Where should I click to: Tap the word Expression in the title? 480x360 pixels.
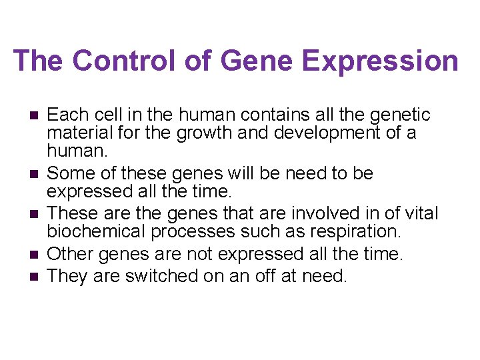(x=380, y=61)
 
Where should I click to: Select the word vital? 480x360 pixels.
(x=419, y=213)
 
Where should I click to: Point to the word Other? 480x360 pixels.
(x=70, y=254)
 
